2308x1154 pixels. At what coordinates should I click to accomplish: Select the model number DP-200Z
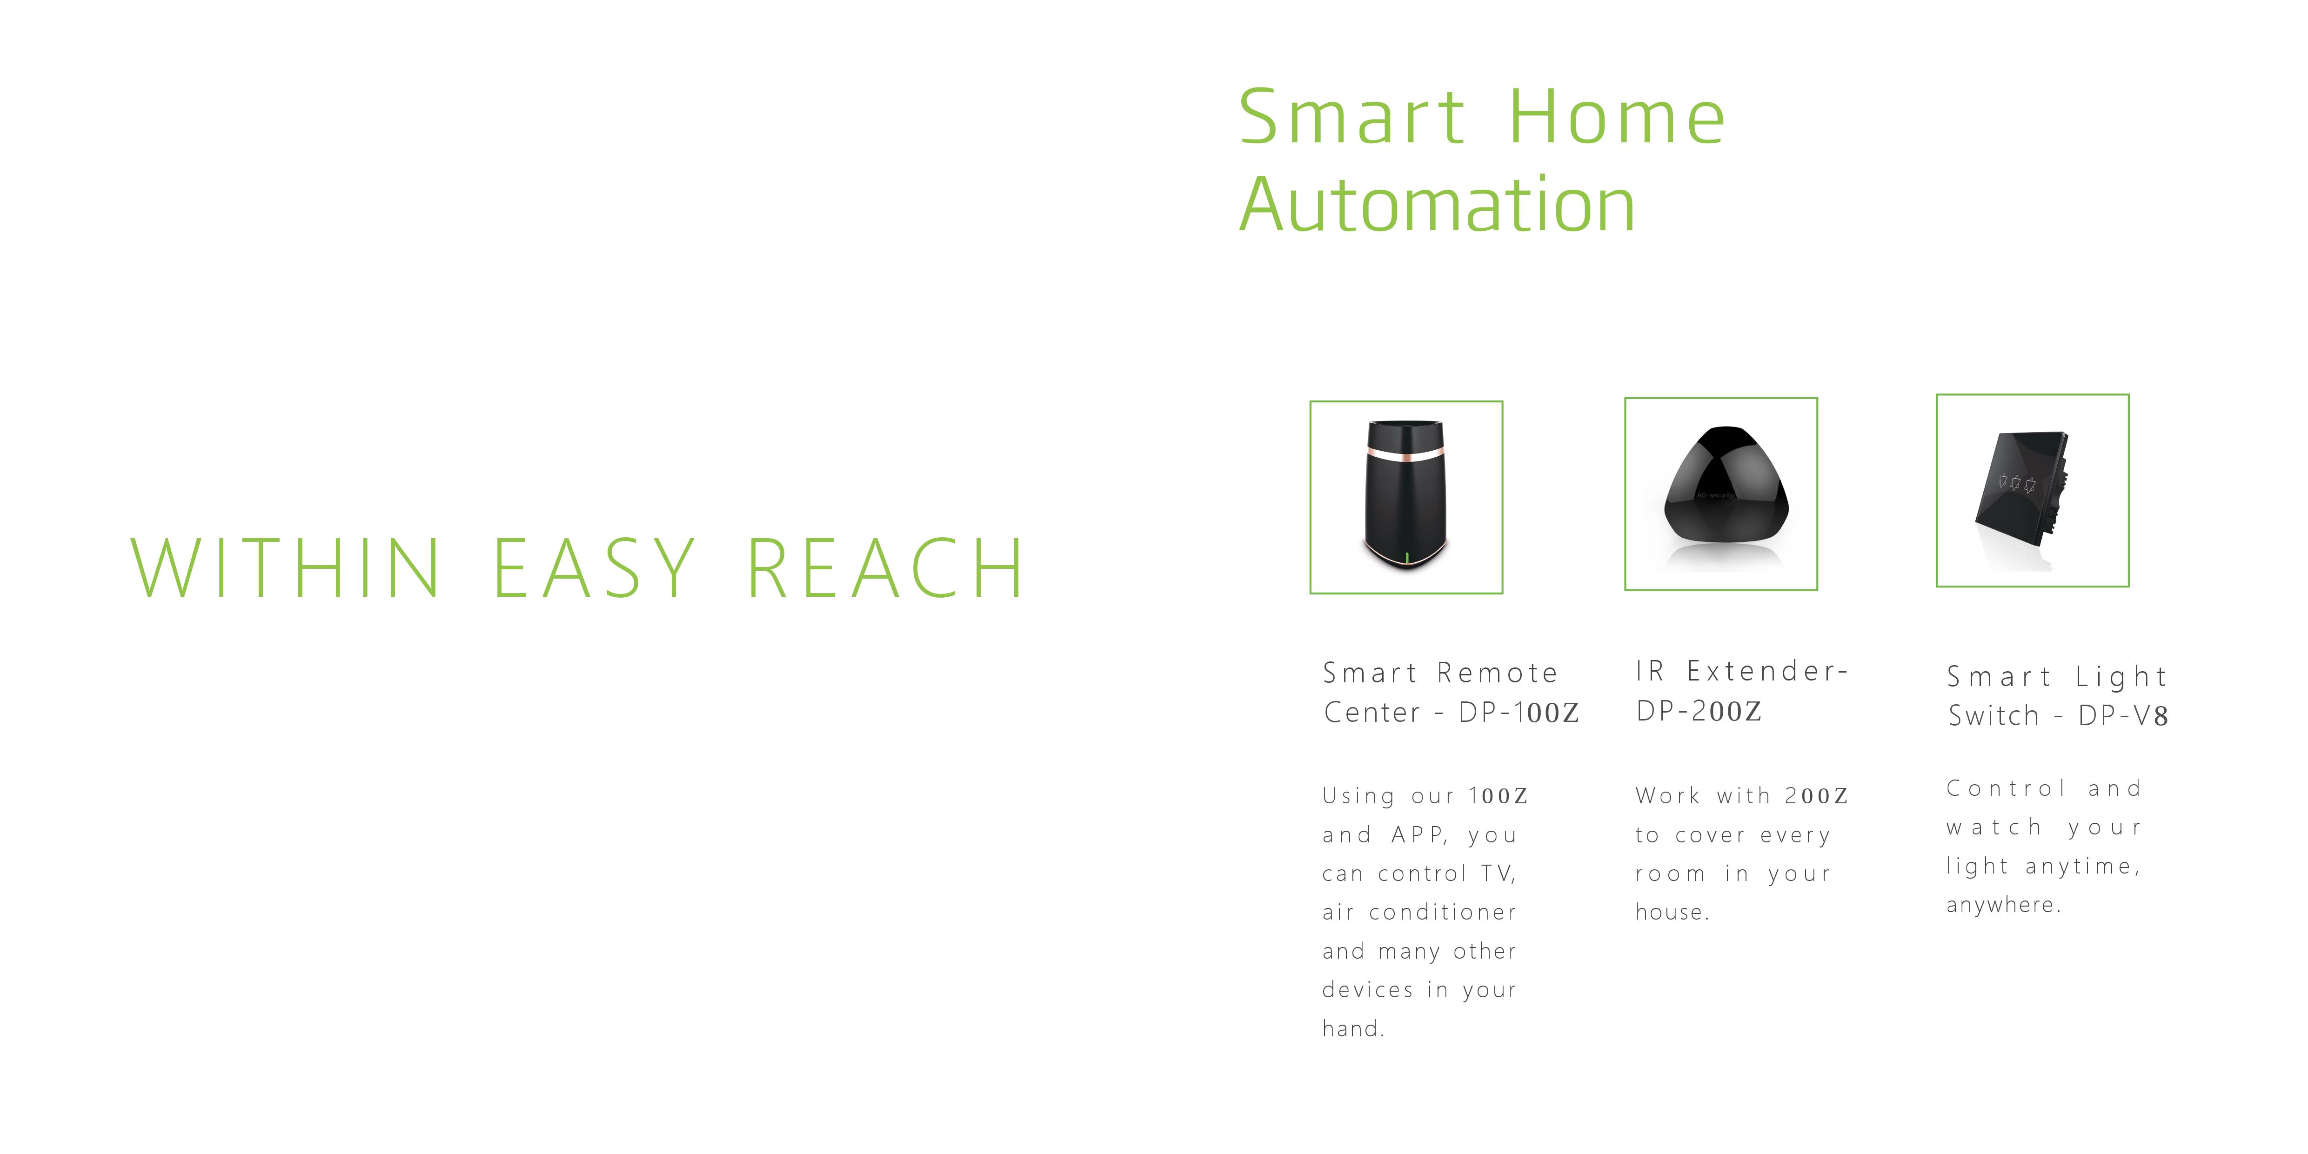(1699, 711)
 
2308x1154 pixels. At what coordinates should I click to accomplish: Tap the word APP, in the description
(1420, 835)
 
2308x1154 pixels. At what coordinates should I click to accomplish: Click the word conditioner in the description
(1443, 912)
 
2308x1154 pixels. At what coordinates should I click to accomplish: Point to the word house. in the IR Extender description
(1672, 912)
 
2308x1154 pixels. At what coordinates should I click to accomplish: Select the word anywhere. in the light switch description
(2003, 905)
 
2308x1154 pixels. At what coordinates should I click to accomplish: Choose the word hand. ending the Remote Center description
(1353, 1028)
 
